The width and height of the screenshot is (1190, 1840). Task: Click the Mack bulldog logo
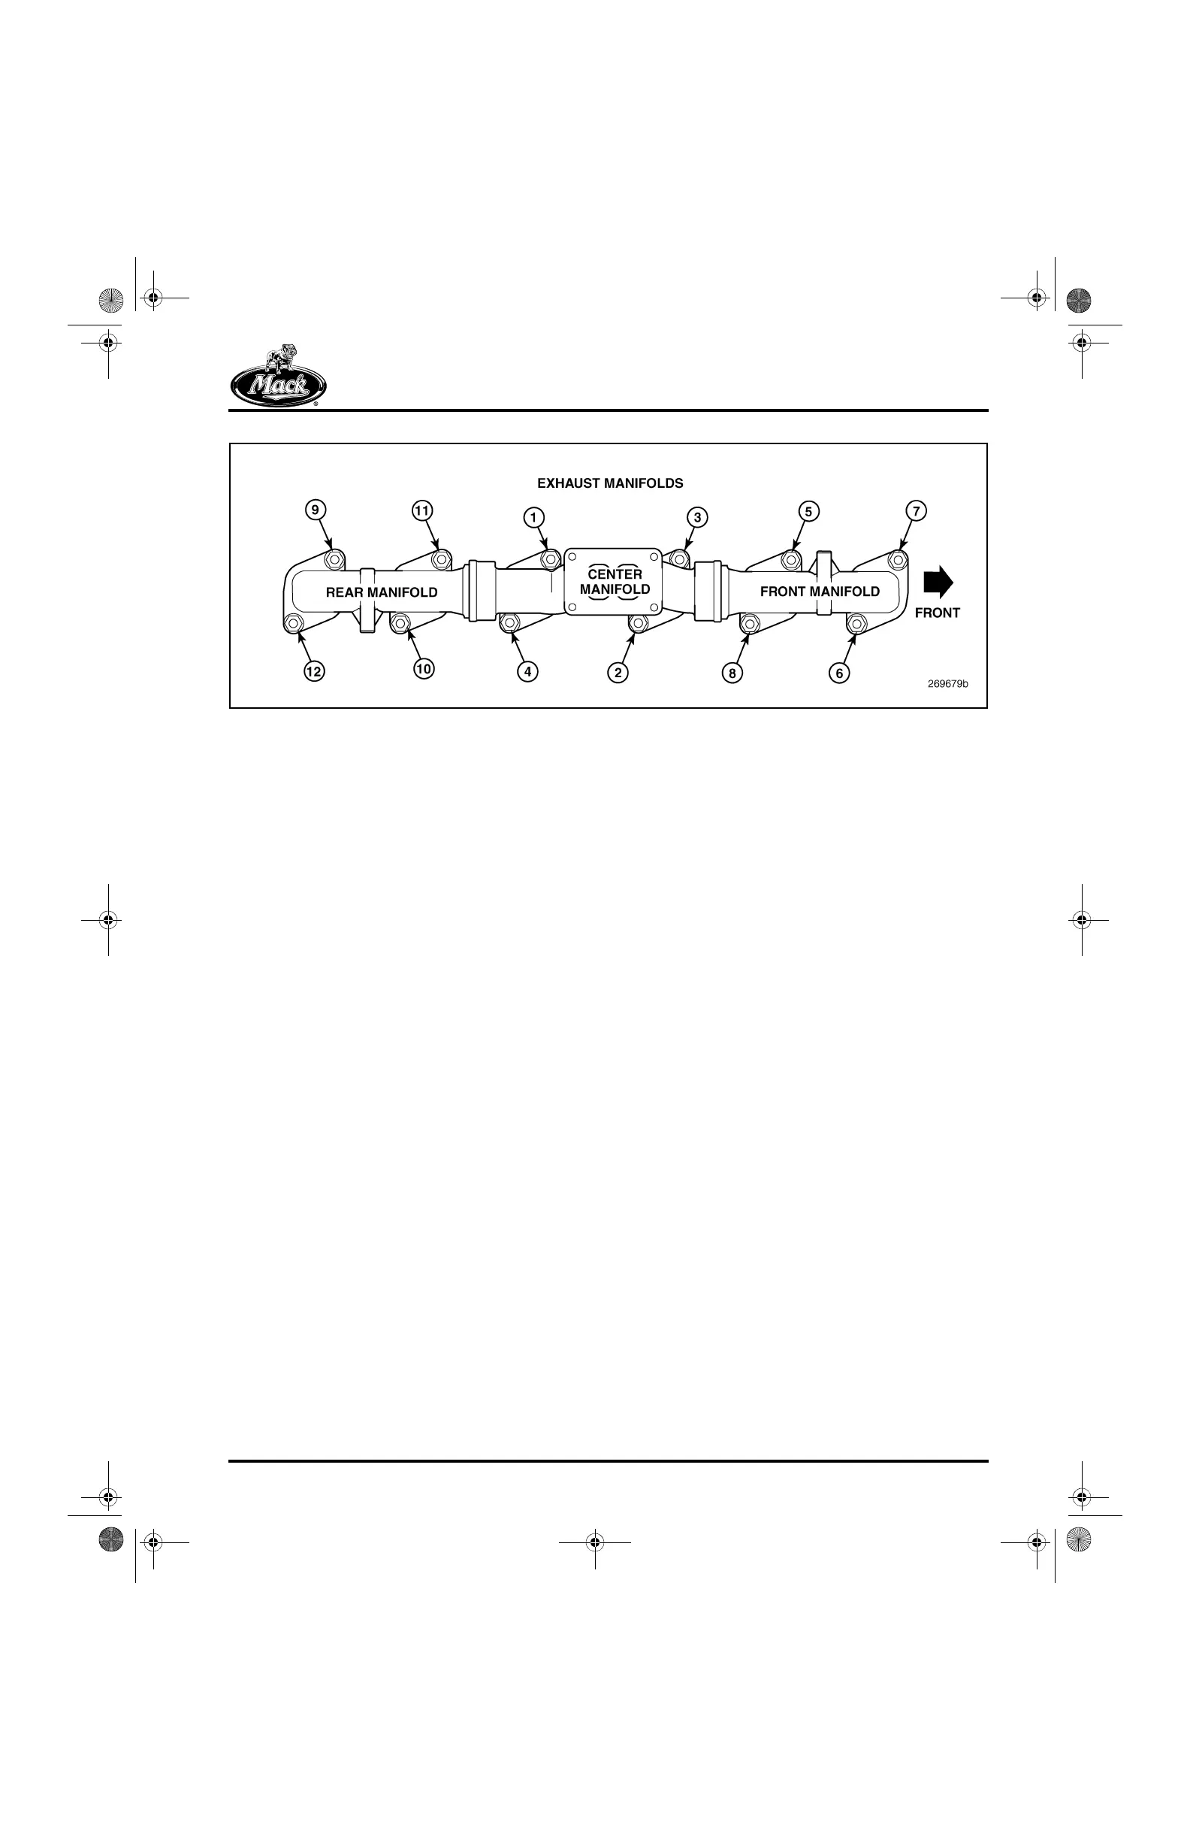click(x=278, y=377)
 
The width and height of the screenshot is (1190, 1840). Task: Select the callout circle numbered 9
click(x=315, y=510)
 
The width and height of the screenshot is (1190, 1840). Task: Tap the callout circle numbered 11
click(x=422, y=511)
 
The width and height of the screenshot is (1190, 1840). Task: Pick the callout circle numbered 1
click(x=533, y=517)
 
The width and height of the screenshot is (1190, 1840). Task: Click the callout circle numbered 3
click(x=697, y=517)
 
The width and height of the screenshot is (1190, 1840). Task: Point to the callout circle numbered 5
click(x=808, y=511)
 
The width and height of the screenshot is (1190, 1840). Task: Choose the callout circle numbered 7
click(x=916, y=511)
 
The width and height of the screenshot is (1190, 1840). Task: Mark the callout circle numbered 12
click(x=313, y=671)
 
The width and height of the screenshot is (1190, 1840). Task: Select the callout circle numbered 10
click(x=424, y=669)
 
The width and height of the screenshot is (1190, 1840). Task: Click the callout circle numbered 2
click(x=618, y=673)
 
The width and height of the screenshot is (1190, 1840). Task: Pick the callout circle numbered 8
click(x=732, y=673)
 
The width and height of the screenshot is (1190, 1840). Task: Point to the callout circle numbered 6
click(x=839, y=673)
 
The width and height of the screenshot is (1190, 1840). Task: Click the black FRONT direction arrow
click(x=938, y=583)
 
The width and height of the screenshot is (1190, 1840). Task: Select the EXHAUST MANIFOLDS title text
click(x=610, y=483)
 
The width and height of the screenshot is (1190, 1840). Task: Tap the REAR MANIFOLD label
click(x=382, y=592)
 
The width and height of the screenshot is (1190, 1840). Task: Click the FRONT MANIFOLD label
click(x=820, y=592)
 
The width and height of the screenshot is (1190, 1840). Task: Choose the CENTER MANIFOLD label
click(x=615, y=581)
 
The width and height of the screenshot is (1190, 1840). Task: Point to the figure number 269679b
click(x=948, y=684)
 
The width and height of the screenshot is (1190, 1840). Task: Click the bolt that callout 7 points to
click(x=897, y=558)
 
